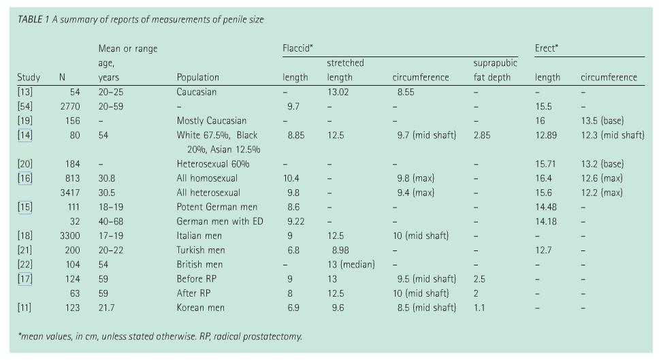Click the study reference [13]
point(25,92)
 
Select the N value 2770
point(70,106)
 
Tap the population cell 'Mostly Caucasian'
point(211,120)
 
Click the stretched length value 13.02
point(338,92)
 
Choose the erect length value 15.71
point(546,164)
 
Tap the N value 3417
point(70,193)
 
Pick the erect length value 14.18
point(546,221)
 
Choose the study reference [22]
point(25,264)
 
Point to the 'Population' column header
point(197,78)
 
